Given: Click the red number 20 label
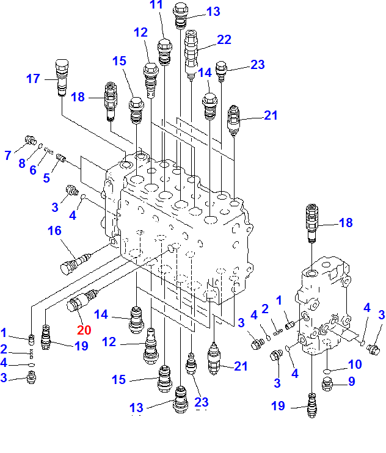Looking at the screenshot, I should point(84,330).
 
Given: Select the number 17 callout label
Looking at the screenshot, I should point(33,78).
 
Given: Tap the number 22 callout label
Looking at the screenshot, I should point(224,39).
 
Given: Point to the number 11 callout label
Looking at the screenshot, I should point(156,5).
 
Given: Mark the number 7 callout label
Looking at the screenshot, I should point(8,156).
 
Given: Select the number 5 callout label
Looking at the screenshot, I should point(46,178).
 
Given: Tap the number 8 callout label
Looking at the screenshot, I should point(21,162).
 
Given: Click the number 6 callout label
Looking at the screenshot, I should point(33,170).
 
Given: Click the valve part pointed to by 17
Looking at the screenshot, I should point(61,77).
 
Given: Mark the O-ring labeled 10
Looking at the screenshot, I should point(327,369).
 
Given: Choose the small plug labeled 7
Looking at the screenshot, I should point(29,142).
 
